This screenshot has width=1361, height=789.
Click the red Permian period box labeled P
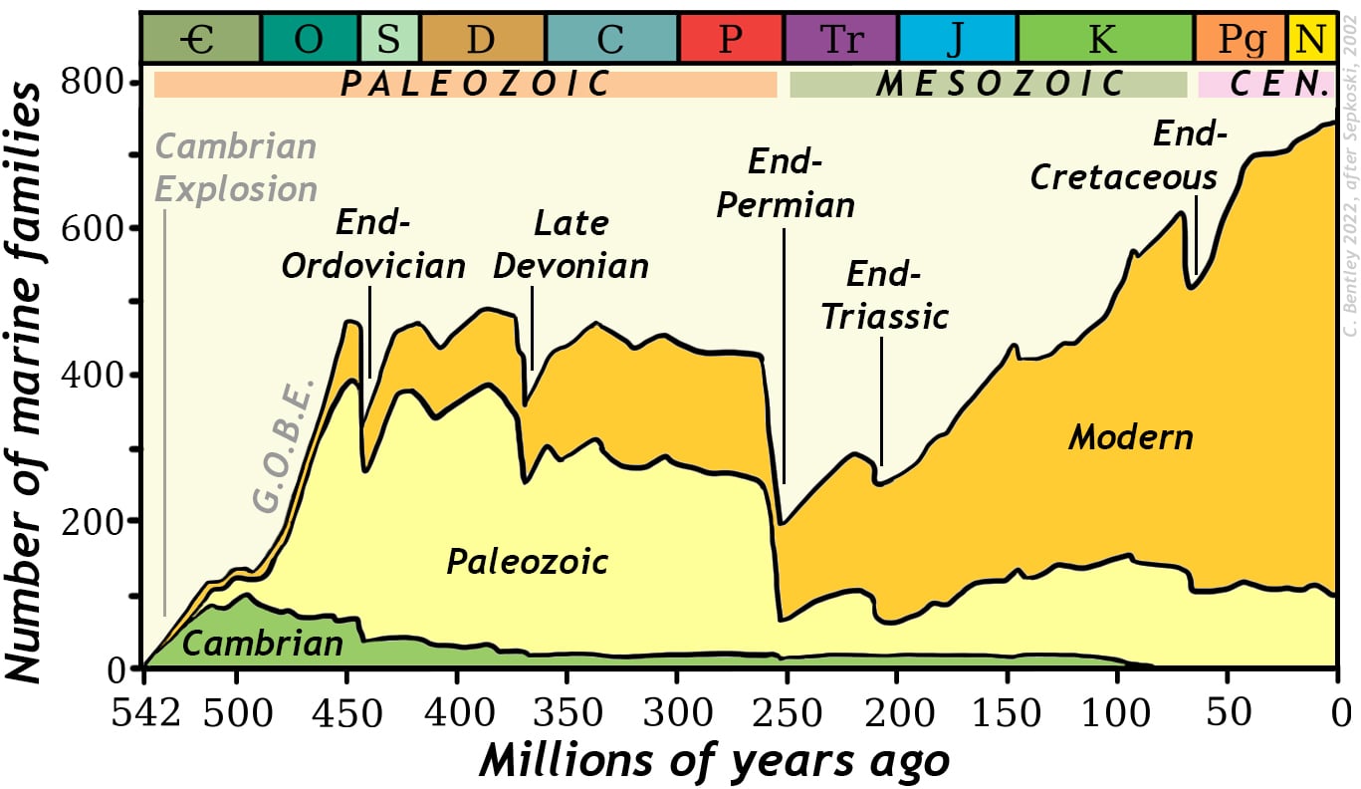732,39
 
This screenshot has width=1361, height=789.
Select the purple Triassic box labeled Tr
841,39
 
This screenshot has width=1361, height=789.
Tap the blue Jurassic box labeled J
958,39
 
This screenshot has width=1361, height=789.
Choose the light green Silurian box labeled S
389,39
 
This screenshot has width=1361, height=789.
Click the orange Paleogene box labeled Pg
1241,39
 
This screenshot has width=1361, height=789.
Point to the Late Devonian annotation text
570,245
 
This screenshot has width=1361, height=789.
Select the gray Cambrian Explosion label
237,167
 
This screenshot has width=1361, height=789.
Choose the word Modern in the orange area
1130,437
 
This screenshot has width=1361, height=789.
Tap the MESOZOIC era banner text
1000,85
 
